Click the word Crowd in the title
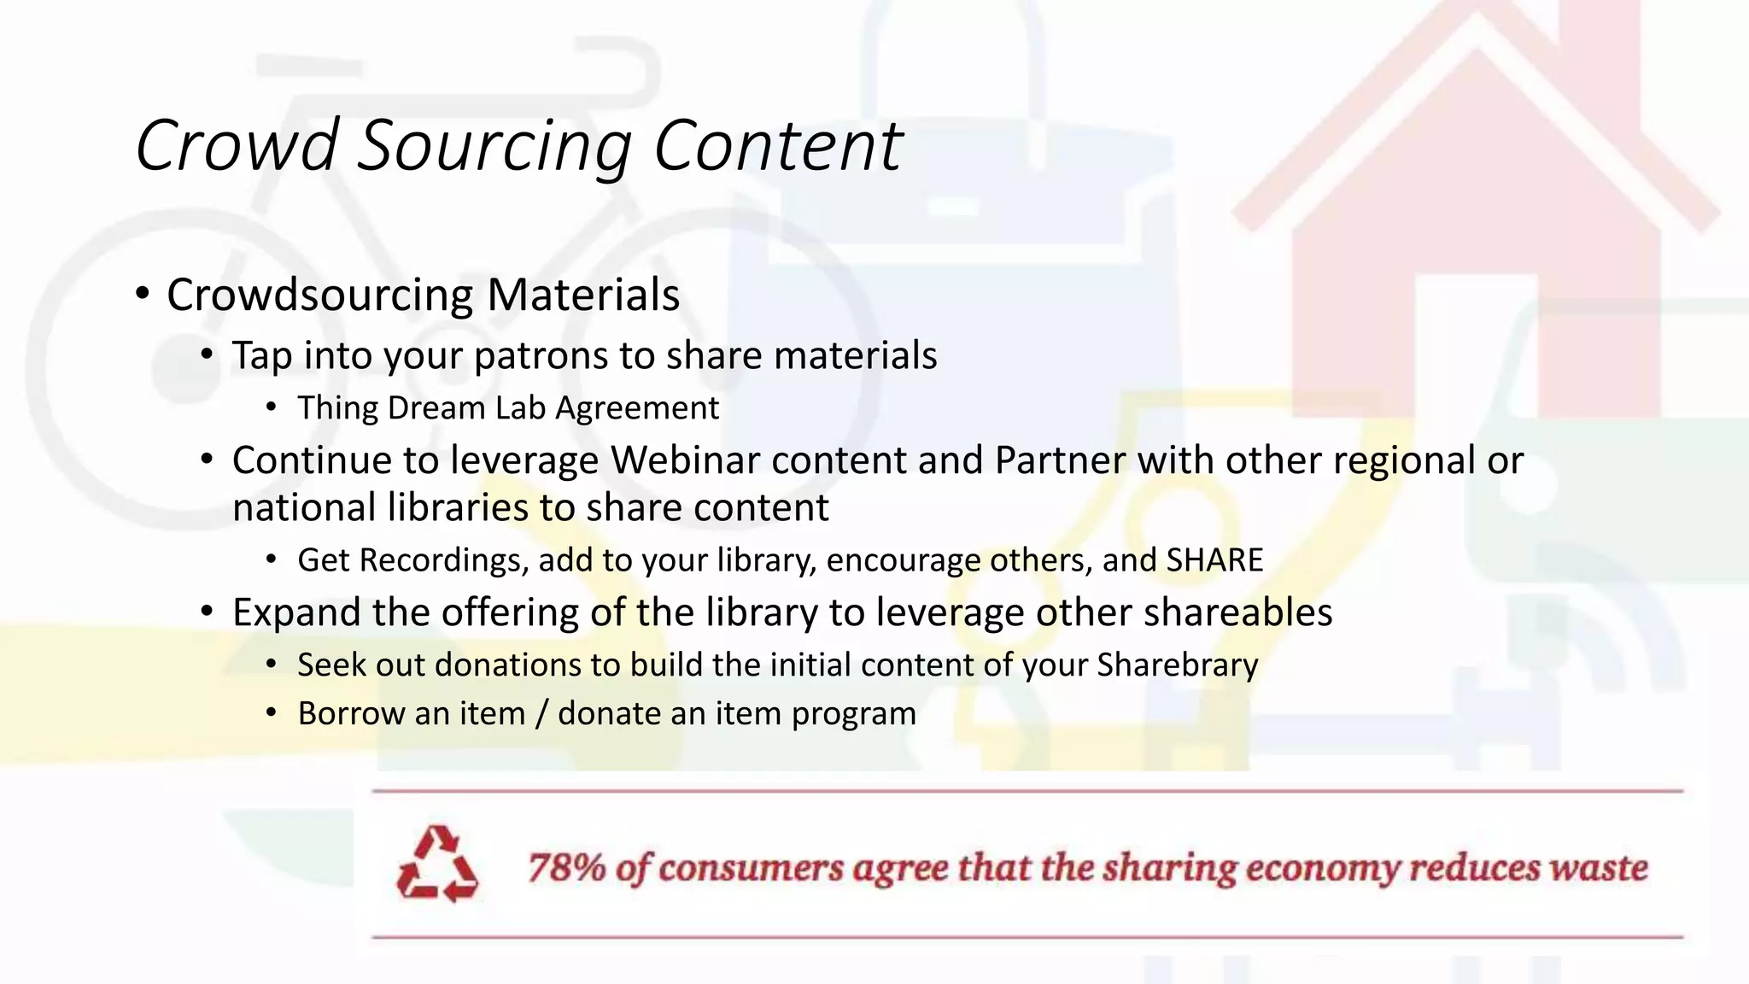click(x=237, y=145)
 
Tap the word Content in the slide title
click(x=777, y=145)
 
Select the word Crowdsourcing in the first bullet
click(x=319, y=296)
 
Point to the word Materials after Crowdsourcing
click(x=583, y=295)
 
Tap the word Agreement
click(x=637, y=409)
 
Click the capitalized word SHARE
click(x=1214, y=560)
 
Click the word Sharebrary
click(x=1177, y=665)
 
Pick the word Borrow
click(x=349, y=713)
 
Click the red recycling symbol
click(x=437, y=864)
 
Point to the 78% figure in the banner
click(x=566, y=868)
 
